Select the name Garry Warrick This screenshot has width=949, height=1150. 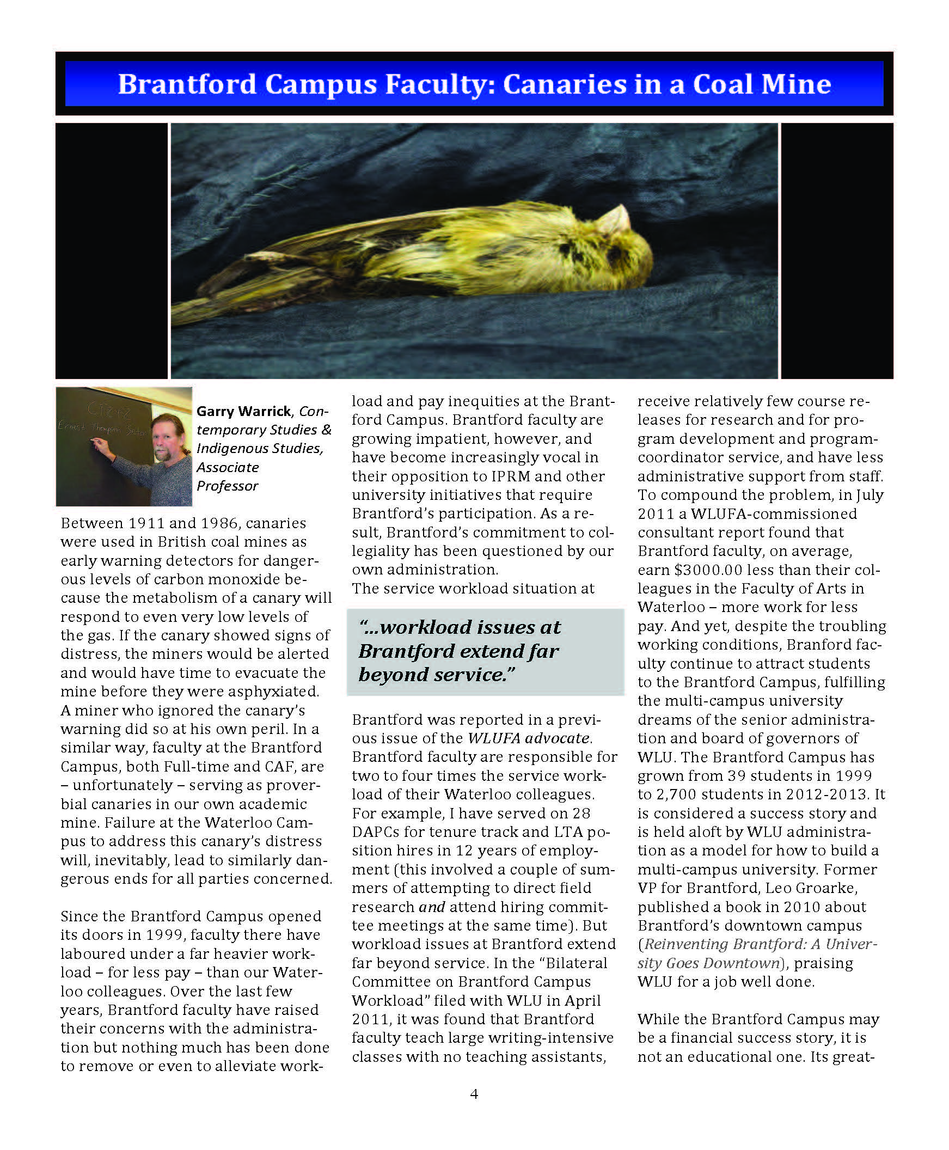click(x=244, y=411)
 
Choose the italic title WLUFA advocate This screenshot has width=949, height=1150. click(x=529, y=738)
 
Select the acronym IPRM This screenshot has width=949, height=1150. click(x=510, y=476)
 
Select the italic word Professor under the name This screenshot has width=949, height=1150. click(x=228, y=486)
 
